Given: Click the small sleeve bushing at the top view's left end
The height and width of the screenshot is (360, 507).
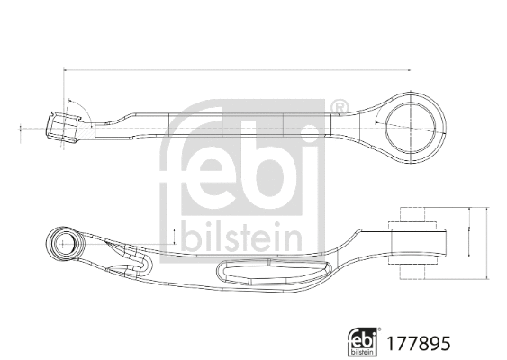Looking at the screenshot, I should click(63, 125).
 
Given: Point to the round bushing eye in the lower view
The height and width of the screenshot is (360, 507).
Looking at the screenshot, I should click(65, 241).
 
